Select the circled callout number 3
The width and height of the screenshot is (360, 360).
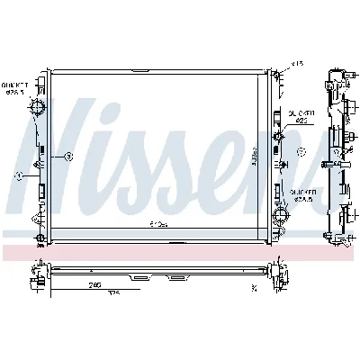point(67,157)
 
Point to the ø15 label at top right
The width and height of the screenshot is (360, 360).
point(297,64)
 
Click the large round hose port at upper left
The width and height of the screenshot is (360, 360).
point(38,110)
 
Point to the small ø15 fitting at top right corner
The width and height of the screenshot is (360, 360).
point(278,68)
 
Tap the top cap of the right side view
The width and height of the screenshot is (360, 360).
point(337,71)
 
